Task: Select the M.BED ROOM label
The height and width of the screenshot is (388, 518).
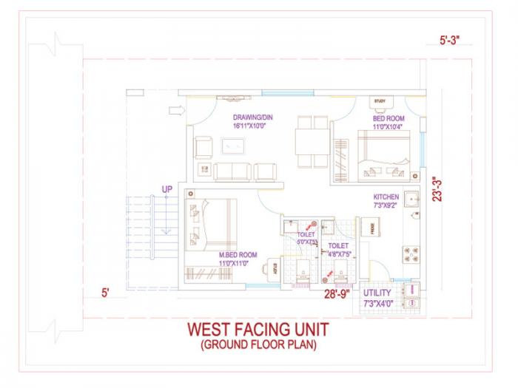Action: pos(238,255)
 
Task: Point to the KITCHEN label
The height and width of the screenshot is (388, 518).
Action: pos(386,197)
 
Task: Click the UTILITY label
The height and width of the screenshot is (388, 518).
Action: pos(377,293)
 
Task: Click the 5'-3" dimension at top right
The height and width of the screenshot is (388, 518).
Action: pos(449,41)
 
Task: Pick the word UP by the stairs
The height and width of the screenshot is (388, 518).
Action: pos(167,190)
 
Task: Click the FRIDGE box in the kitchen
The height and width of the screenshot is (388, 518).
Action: pos(367,228)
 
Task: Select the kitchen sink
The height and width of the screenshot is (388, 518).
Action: pos(411,198)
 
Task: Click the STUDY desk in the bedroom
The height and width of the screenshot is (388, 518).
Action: pos(380,101)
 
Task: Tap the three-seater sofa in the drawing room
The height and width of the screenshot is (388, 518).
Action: pos(232,171)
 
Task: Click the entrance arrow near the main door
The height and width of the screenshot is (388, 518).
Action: pos(176,111)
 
